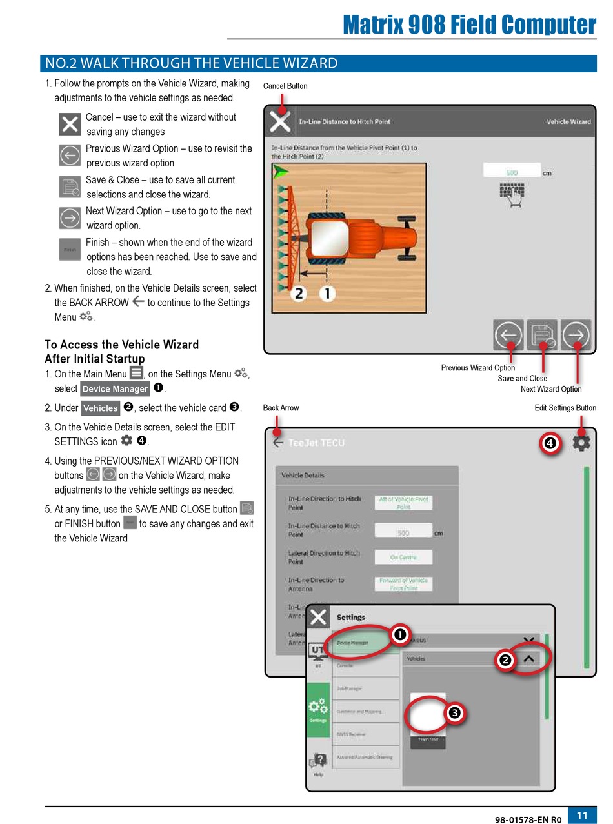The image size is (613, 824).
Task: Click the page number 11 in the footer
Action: (x=582, y=815)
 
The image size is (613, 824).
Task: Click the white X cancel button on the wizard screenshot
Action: (x=279, y=121)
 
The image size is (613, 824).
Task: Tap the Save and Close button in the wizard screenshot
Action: (x=542, y=335)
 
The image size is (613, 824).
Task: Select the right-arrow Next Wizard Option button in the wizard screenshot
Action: (x=576, y=335)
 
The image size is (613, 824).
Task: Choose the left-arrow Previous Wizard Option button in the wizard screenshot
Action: (x=508, y=335)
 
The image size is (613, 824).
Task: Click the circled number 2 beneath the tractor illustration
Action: (x=298, y=294)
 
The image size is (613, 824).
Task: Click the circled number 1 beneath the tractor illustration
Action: (x=327, y=294)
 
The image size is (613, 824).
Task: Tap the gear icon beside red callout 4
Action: (x=581, y=443)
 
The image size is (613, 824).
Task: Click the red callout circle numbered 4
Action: (x=550, y=443)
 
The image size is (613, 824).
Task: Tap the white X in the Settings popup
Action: (x=318, y=618)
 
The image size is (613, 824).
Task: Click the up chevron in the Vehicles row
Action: (x=529, y=659)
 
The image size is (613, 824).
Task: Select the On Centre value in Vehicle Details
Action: (x=403, y=557)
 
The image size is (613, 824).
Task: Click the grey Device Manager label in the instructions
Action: (x=115, y=389)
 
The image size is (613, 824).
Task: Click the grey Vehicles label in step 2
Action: (x=101, y=408)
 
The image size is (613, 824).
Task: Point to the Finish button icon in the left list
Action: (x=70, y=249)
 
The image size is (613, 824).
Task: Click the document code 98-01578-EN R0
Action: (x=528, y=819)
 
